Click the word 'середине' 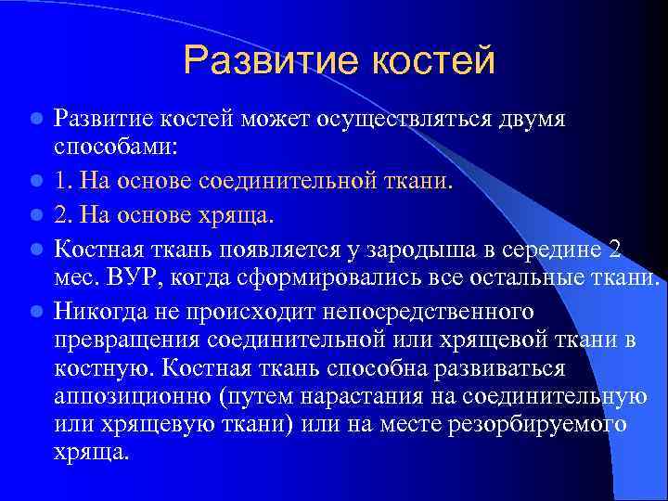545,248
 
